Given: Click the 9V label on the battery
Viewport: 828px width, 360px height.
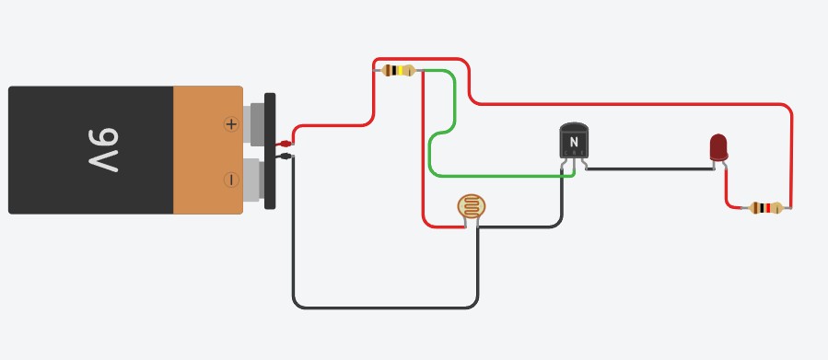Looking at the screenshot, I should pos(104,150).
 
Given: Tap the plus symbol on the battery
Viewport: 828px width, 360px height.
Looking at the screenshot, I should pos(231,123).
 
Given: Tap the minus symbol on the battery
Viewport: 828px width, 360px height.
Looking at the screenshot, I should pos(231,180).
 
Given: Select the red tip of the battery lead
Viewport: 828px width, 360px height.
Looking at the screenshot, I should pos(286,144).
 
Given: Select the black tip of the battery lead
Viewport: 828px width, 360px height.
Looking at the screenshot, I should pos(286,157).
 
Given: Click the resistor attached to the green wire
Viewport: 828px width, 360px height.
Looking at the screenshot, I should pos(398,70).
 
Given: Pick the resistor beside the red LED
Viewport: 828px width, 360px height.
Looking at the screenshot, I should pos(765,208).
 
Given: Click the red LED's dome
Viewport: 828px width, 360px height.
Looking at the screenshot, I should pos(718,145).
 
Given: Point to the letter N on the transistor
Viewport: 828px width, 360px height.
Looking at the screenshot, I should pos(574,142).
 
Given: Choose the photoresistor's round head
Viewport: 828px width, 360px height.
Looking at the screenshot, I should pos(471,206).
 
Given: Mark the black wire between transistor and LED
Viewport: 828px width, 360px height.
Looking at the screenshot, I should pos(649,169).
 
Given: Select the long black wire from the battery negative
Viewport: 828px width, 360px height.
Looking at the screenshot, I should pos(387,307).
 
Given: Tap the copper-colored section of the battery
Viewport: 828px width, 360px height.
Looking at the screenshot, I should pos(207,150).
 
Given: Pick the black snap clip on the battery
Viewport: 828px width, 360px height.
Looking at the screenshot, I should pos(270,151).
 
